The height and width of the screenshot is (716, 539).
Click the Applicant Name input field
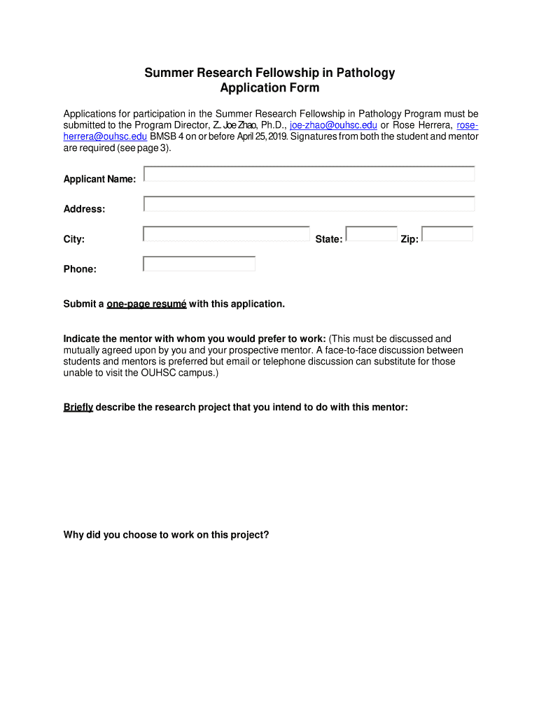click(x=309, y=173)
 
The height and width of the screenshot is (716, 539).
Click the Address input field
click(x=309, y=203)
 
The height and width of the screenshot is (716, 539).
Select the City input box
click(x=226, y=234)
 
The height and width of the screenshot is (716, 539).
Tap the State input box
click(x=371, y=234)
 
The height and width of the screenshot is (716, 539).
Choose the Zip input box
click(x=447, y=234)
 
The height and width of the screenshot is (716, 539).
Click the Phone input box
click(x=199, y=264)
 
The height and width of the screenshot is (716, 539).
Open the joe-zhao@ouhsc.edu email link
click(x=333, y=125)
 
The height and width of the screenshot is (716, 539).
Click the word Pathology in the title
click(x=365, y=73)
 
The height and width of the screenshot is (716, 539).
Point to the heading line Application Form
click(x=269, y=88)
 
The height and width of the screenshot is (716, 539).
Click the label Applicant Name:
click(x=99, y=180)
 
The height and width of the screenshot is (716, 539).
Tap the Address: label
click(x=84, y=209)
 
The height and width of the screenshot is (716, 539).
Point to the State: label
click(x=328, y=240)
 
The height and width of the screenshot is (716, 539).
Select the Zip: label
click(x=409, y=240)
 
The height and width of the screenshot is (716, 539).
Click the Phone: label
click(x=80, y=269)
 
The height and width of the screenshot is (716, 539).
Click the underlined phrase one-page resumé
click(x=146, y=304)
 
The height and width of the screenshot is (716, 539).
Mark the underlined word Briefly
click(x=78, y=407)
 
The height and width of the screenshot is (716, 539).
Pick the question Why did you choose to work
click(x=166, y=535)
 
